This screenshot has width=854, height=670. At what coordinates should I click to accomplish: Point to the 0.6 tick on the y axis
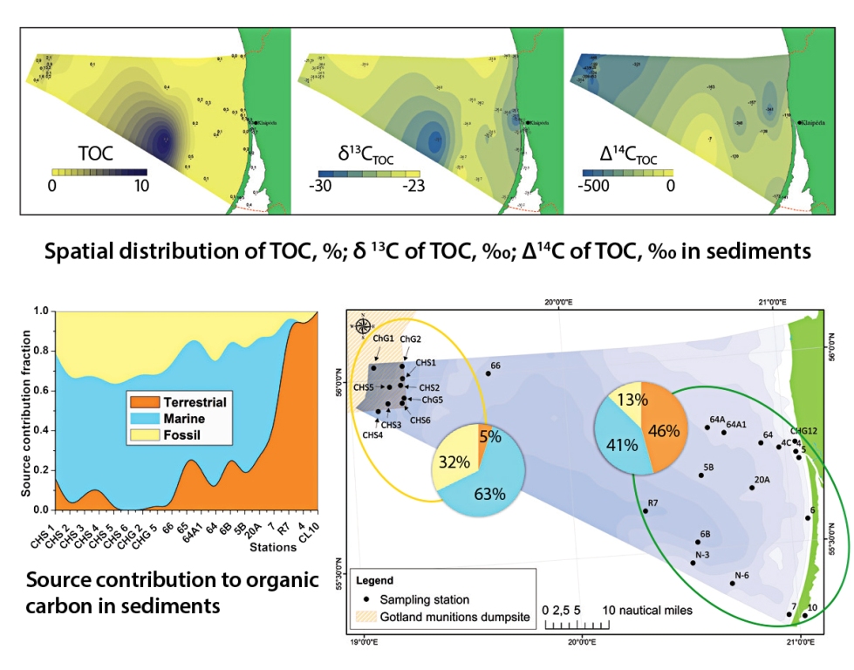pos(40,390)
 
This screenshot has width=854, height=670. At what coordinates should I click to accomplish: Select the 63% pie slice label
pos(489,494)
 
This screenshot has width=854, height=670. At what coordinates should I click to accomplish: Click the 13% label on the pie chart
pos(632,400)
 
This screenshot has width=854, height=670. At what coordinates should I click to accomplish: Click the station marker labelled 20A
pos(751,487)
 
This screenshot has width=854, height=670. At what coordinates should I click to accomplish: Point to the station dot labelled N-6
pos(732,583)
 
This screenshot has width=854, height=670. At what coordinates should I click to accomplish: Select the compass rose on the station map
pos(364,328)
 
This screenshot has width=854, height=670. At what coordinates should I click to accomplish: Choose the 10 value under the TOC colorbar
pos(140,185)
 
